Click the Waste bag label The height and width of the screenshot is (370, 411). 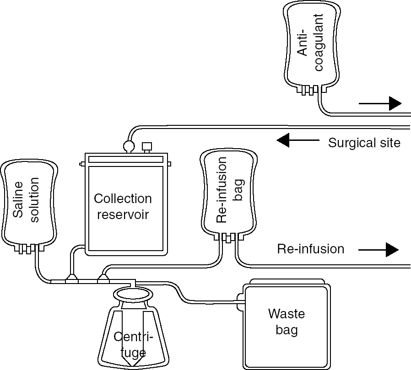[287, 322]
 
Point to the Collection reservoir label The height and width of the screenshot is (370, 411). [123, 206]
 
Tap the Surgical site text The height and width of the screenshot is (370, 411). [364, 143]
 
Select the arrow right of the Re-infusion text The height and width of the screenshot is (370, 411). [379, 250]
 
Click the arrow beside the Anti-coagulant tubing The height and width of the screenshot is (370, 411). [380, 103]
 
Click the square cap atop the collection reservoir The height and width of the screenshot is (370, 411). [147, 147]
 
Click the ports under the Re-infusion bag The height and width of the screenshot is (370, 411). [228, 237]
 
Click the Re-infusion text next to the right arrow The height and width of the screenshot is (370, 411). [310, 249]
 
